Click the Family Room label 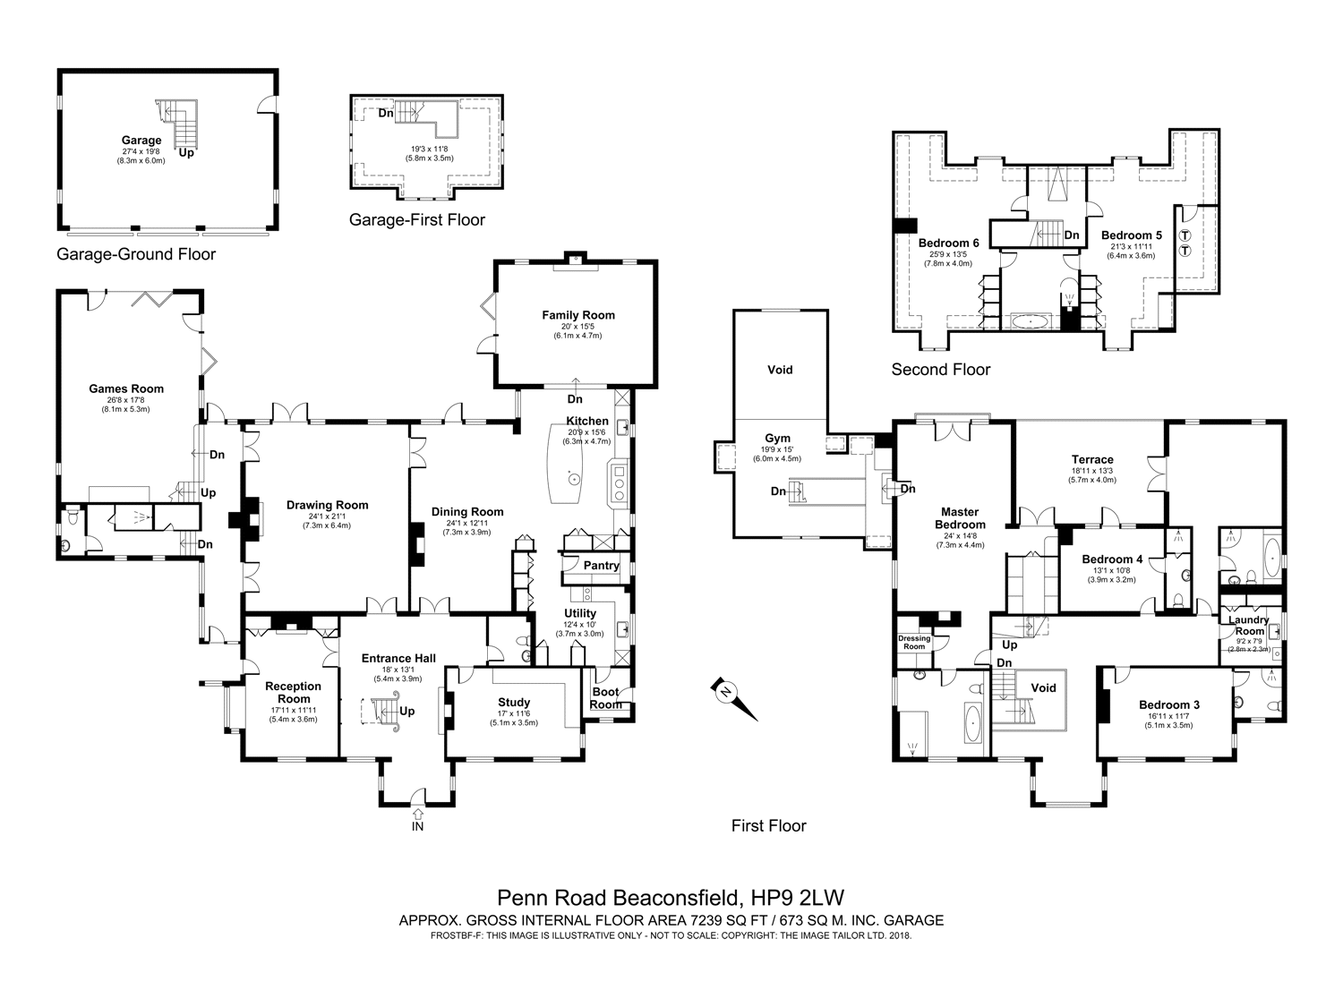tap(577, 315)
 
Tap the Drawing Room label tap(327, 505)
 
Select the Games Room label tap(126, 388)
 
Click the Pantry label tap(602, 565)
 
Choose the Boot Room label tap(605, 697)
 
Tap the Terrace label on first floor tap(1092, 459)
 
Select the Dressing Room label tap(913, 643)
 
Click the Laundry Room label tap(1249, 625)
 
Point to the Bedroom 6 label tap(948, 243)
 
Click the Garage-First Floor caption tap(416, 219)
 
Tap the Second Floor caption tap(940, 369)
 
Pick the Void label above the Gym tap(780, 370)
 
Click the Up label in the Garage tap(186, 153)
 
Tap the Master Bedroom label tap(960, 518)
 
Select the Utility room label tap(580, 613)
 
